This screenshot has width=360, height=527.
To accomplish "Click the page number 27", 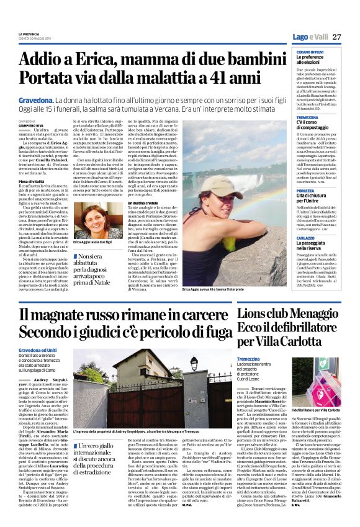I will coord(336,37).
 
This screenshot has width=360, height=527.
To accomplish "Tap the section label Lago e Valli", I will coord(309,37).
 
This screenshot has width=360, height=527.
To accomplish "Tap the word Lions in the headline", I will coord(255,314).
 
